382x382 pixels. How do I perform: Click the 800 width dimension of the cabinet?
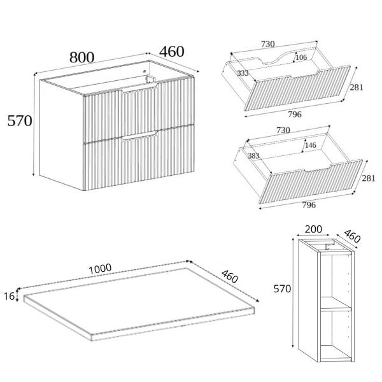(82, 57)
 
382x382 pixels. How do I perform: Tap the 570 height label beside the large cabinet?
(20, 121)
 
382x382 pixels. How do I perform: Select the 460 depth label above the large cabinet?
(172, 52)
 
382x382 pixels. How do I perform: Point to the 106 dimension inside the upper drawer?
(301, 57)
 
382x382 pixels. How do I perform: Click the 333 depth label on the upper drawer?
(243, 73)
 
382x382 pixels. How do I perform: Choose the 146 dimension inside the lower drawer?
(311, 145)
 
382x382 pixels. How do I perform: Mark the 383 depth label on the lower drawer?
(253, 156)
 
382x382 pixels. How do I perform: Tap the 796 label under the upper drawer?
(295, 114)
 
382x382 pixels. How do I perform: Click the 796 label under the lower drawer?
(309, 205)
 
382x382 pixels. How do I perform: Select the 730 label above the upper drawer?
(268, 44)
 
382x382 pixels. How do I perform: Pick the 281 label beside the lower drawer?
(369, 178)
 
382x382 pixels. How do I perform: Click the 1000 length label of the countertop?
(100, 269)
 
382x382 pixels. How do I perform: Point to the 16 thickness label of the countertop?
(9, 296)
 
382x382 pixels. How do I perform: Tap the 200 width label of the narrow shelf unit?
(313, 229)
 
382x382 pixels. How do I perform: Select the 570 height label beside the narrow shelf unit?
(282, 288)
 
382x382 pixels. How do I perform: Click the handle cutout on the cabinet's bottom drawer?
(140, 136)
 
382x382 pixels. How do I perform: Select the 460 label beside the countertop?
(230, 276)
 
